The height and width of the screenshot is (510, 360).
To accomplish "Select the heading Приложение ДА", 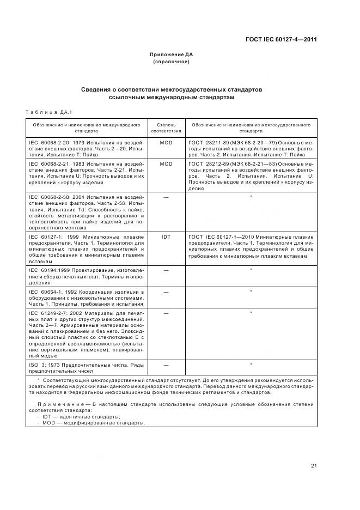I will tap(172, 54).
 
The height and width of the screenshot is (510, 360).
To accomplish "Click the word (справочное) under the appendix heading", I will tap(172, 62).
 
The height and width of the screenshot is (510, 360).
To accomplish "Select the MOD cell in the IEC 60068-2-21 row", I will tap(166, 163).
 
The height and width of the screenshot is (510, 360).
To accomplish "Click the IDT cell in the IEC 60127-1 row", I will tap(166, 237).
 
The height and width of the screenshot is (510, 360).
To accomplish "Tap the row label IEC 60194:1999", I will tap(48, 270).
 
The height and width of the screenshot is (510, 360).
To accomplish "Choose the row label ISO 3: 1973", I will tap(45, 364).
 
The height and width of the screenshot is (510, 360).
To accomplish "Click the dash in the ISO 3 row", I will tap(166, 364).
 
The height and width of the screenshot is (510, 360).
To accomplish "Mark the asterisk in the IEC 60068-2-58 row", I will tap(251, 196).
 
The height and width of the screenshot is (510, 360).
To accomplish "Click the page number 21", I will tap(314, 465).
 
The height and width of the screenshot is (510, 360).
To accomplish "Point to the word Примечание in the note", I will tap(57, 404).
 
